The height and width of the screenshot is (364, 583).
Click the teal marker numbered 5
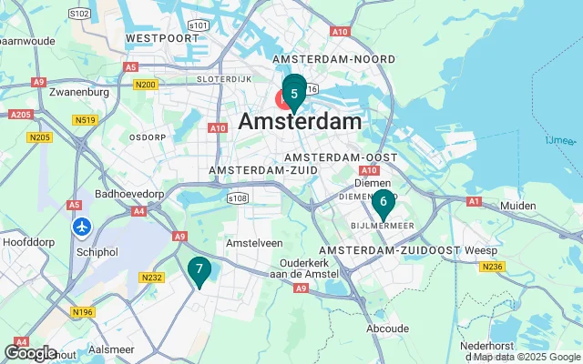[x=294, y=94]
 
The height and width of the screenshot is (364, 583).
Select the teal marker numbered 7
[x=199, y=268]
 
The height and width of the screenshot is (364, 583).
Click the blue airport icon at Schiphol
[x=83, y=226]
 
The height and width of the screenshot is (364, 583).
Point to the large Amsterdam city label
[x=300, y=122]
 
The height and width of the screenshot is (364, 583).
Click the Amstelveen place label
[x=254, y=244]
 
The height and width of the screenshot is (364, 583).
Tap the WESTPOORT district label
[x=161, y=38]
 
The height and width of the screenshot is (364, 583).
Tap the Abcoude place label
[x=388, y=329]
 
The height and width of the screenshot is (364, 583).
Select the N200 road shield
[x=145, y=84]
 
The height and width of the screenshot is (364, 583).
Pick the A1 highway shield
[x=473, y=201]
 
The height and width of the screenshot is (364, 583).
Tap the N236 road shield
[x=493, y=266]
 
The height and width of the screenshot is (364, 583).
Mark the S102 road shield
[x=80, y=14]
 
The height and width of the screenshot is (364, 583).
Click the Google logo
[x=30, y=352]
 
